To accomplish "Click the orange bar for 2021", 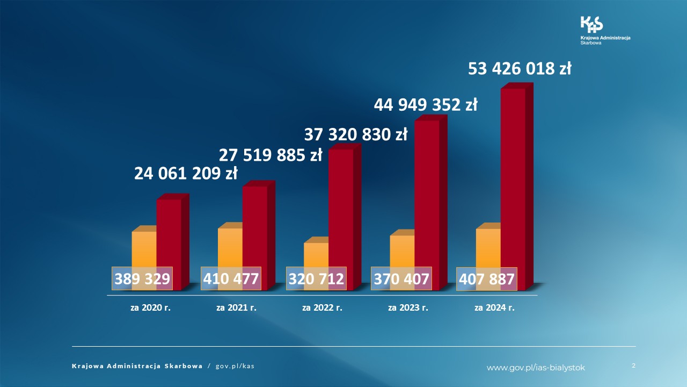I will (x=230, y=247).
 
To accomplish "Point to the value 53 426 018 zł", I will (x=520, y=69).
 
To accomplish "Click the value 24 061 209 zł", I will (x=185, y=174).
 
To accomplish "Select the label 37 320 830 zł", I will (x=356, y=134).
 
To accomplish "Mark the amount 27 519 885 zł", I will (x=270, y=155).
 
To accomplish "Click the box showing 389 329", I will (x=142, y=279).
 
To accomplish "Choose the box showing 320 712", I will (x=316, y=279).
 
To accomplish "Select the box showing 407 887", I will (x=486, y=279).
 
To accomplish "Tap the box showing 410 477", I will (x=230, y=279).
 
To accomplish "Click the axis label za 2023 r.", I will (x=408, y=308).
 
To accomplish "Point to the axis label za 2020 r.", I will (x=150, y=308).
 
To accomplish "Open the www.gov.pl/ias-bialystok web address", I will (x=536, y=368).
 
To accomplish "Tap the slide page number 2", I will (x=633, y=365).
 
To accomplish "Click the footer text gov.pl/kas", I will (x=235, y=366).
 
